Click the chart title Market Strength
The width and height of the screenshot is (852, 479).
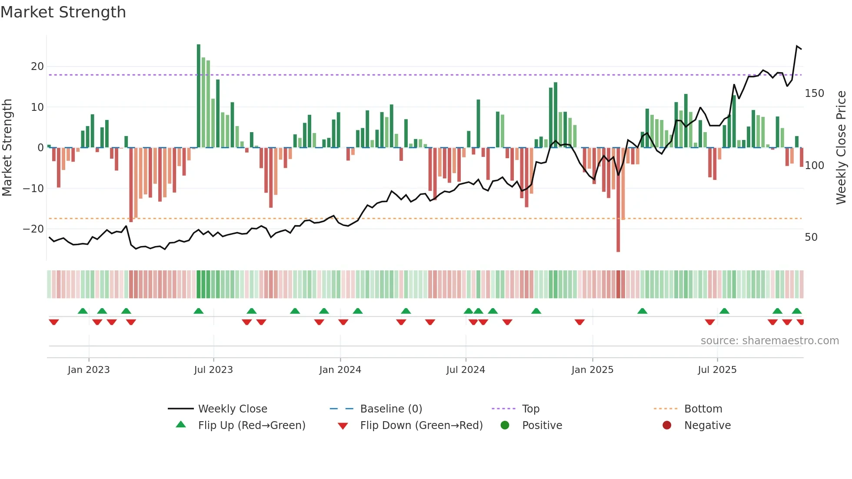click(63, 12)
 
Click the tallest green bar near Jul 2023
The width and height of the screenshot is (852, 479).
click(199, 96)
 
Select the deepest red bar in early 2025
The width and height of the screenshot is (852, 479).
click(618, 200)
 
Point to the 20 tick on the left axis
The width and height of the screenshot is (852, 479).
click(37, 67)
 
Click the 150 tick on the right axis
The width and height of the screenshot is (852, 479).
click(814, 93)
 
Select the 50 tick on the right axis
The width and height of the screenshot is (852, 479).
click(811, 237)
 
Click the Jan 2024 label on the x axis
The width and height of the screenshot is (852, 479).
click(340, 370)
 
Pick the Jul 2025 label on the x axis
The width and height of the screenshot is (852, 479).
click(717, 370)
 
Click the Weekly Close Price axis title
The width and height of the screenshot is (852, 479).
click(841, 148)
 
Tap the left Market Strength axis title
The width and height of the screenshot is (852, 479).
click(7, 148)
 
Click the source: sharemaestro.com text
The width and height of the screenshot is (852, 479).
click(769, 341)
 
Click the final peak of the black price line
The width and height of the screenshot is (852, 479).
click(797, 46)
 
